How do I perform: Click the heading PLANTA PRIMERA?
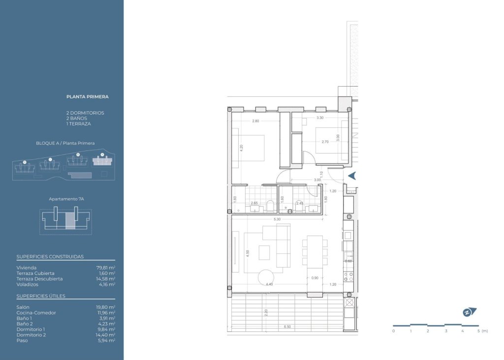[87, 97]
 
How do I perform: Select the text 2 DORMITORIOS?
[85, 113]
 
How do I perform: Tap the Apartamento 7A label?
[66, 199]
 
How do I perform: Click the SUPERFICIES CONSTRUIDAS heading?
[50, 257]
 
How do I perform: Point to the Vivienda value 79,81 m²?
[105, 268]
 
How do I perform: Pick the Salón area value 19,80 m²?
[105, 307]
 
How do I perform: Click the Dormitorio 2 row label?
[31, 335]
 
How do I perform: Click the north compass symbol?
[469, 312]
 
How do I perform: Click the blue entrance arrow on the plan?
[352, 176]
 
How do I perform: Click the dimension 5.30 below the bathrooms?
[277, 219]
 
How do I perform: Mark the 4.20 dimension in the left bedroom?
[241, 148]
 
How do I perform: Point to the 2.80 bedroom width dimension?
[255, 120]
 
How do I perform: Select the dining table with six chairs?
[315, 252]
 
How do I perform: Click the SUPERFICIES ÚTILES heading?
[41, 296]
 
